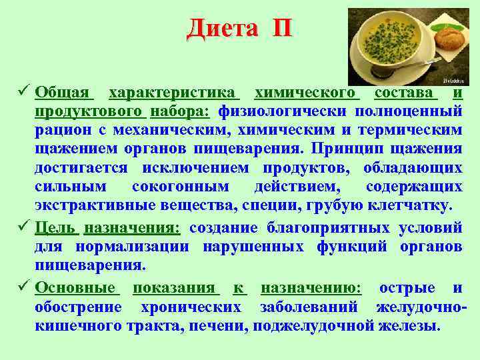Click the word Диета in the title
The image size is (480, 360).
223,28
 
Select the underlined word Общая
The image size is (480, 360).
63,91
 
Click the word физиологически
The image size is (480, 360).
283,110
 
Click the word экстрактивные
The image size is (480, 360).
87,203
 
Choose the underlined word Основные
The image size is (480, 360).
75,289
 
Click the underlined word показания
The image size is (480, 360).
174,289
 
